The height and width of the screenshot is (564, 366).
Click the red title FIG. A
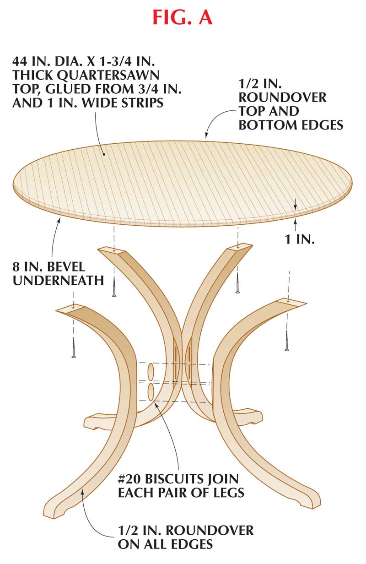pyautogui.click(x=183, y=18)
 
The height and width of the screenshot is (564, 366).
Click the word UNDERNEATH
pyautogui.click(x=58, y=280)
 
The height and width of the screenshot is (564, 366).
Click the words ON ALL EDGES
pyautogui.click(x=165, y=545)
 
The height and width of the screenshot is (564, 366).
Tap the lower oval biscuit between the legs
pyautogui.click(x=151, y=391)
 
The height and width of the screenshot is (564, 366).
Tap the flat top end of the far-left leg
pyautogui.click(x=71, y=308)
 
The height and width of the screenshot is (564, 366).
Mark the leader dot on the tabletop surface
pyautogui.click(x=104, y=154)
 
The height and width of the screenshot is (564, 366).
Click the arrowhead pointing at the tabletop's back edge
pyautogui.click(x=206, y=136)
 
